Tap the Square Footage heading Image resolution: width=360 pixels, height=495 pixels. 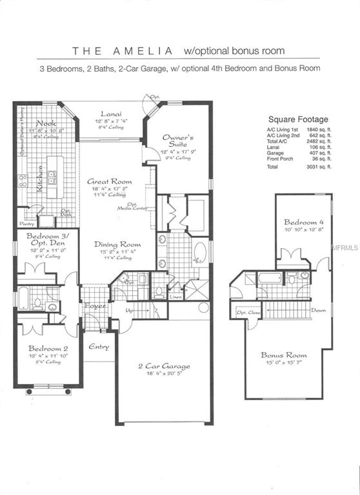click(x=298, y=119)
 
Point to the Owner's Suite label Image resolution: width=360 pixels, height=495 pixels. click(x=178, y=142)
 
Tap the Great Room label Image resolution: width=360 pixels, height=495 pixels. click(x=109, y=182)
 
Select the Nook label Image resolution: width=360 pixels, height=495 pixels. click(x=46, y=122)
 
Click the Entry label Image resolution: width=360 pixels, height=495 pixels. click(x=99, y=347)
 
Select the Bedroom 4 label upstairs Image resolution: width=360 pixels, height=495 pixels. click(x=301, y=222)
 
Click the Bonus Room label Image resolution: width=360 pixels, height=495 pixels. click(x=283, y=355)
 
